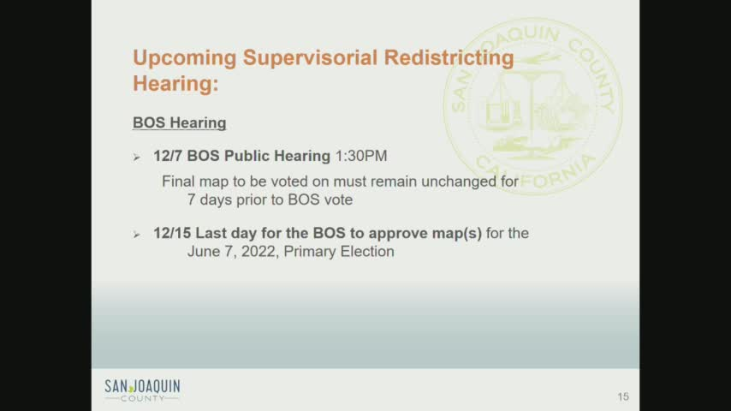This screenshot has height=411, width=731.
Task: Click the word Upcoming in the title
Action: [x=184, y=58]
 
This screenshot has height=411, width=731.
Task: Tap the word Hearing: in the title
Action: [x=175, y=84]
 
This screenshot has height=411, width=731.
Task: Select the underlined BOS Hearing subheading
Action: [x=179, y=123]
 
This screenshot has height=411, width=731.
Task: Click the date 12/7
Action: [x=167, y=156]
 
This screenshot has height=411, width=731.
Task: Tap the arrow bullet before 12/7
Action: [x=137, y=157]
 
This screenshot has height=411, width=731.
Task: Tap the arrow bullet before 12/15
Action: [x=137, y=234]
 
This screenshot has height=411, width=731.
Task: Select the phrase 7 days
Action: [x=211, y=200]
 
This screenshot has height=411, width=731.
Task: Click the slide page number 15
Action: [x=622, y=396]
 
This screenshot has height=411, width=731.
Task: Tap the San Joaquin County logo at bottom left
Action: [x=142, y=390]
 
